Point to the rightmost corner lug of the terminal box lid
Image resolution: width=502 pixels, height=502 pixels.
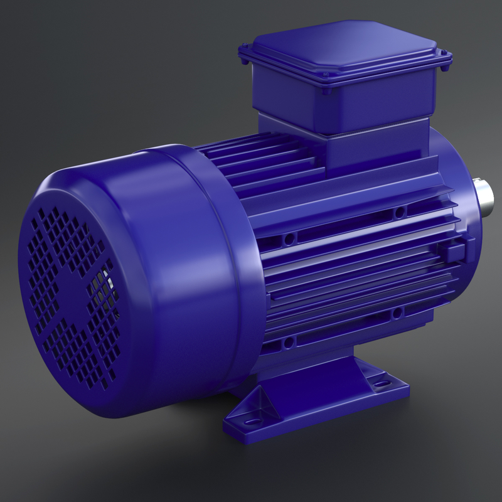[x=447, y=60]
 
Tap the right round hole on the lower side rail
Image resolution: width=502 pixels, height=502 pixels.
[x=397, y=312]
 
